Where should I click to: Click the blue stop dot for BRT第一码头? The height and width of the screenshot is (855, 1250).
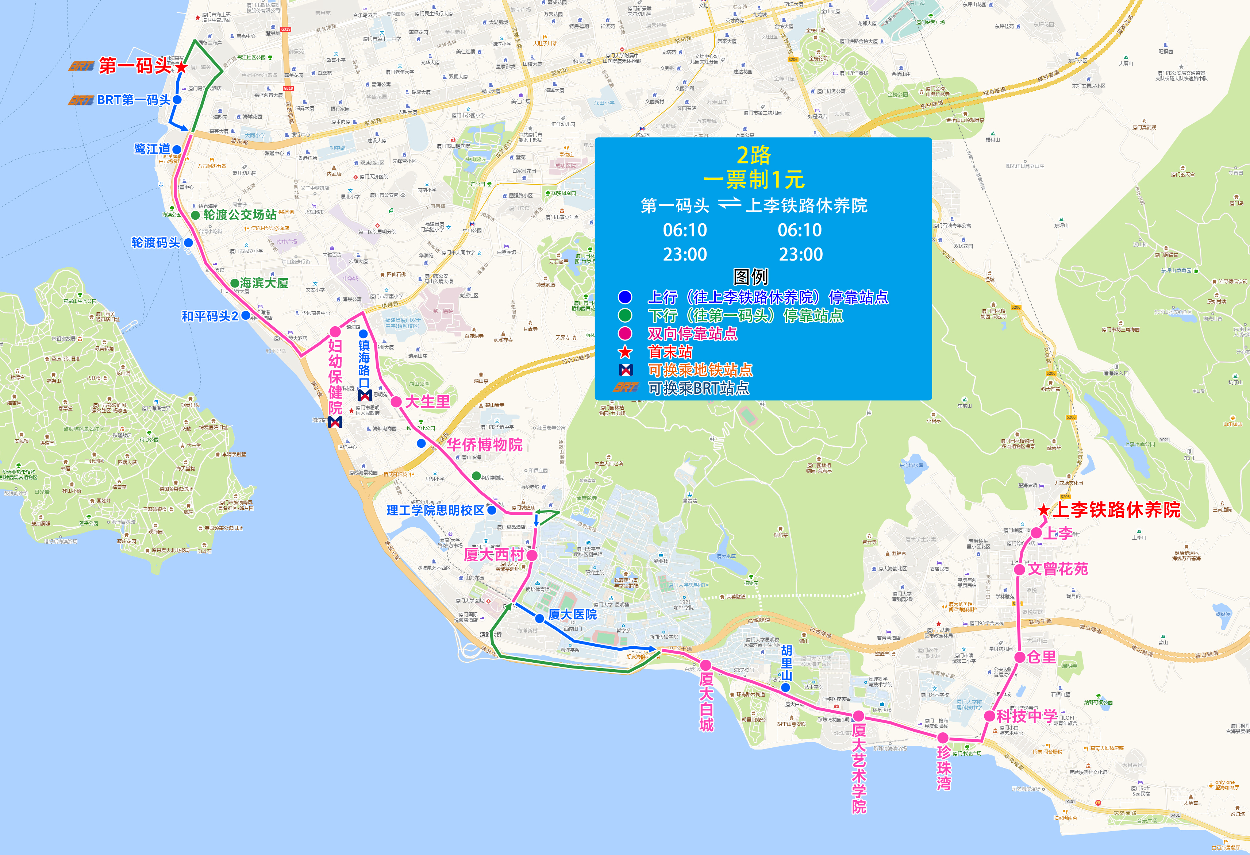(177, 100)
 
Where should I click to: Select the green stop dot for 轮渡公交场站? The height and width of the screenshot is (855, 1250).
(195, 215)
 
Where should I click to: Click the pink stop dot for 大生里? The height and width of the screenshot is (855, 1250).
(396, 401)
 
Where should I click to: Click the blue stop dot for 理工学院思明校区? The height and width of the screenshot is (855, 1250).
(492, 510)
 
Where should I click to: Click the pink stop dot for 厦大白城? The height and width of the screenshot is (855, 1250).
(706, 666)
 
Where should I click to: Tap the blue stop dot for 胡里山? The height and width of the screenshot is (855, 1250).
(786, 687)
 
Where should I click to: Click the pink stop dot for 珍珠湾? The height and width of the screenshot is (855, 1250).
(943, 738)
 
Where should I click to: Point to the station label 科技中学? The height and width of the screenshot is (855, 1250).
(1027, 716)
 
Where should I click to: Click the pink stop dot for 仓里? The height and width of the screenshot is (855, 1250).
(1019, 657)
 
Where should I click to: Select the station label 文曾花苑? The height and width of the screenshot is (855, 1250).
(1058, 569)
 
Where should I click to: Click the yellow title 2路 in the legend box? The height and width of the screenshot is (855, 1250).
(754, 155)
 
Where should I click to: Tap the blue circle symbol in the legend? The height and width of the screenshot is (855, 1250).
(624, 297)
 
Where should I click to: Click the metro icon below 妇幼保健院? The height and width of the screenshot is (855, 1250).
(335, 423)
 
